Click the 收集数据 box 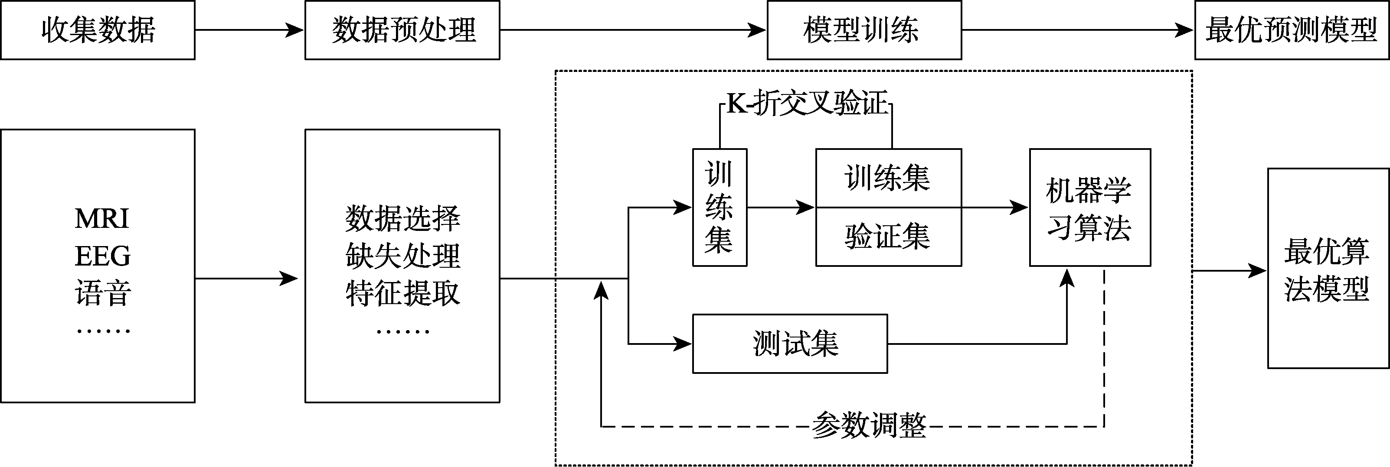tap(98, 30)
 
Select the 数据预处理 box tap(402, 30)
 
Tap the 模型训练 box tap(864, 30)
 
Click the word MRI tap(102, 218)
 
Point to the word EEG tap(102, 256)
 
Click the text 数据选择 tap(402, 218)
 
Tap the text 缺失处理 tap(402, 256)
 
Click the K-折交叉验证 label tap(807, 103)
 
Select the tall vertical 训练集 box tap(720, 208)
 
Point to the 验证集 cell tap(888, 237)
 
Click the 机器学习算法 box tap(1090, 208)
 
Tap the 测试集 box tap(790, 344)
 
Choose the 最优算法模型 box tap(1328, 269)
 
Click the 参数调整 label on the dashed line tap(869, 426)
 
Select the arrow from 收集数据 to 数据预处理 tap(250, 30)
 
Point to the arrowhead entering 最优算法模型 tap(1258, 271)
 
